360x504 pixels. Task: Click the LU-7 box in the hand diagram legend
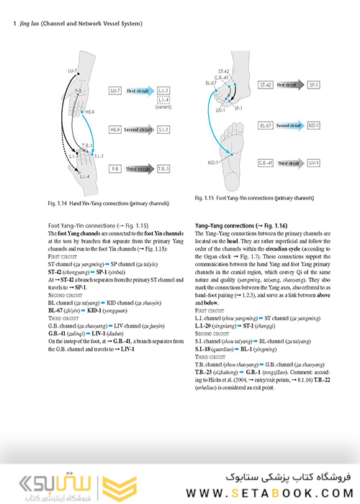(x=114, y=93)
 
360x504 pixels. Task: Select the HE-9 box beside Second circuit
(x=114, y=130)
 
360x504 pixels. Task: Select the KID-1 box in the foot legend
(x=313, y=125)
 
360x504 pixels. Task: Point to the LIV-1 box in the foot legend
(x=313, y=163)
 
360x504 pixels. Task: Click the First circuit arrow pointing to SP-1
(x=289, y=85)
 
